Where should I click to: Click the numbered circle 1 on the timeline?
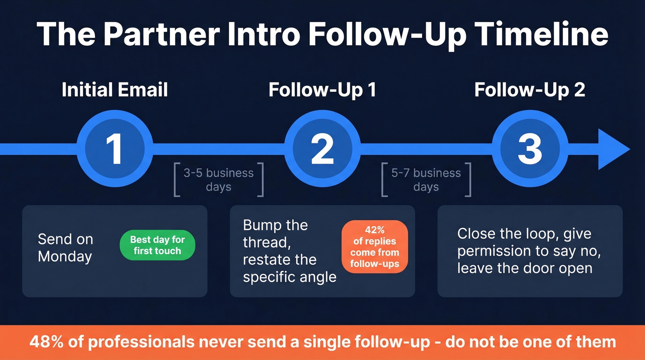pyautogui.click(x=114, y=149)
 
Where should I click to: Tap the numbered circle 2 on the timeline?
pyautogui.click(x=322, y=149)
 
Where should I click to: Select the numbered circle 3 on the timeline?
pyautogui.click(x=530, y=149)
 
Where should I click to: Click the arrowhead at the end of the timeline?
pyautogui.click(x=613, y=149)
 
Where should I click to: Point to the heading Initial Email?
pyautogui.click(x=115, y=90)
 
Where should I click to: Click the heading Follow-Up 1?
pyautogui.click(x=322, y=90)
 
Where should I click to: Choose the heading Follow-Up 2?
pyautogui.click(x=530, y=90)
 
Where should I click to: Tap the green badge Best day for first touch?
pyautogui.click(x=157, y=245)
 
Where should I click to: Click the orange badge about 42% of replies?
pyautogui.click(x=375, y=247)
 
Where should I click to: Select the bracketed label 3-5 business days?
pyautogui.click(x=218, y=180)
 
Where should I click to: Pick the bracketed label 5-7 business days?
pyautogui.click(x=426, y=180)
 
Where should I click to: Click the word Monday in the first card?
pyautogui.click(x=64, y=256)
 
